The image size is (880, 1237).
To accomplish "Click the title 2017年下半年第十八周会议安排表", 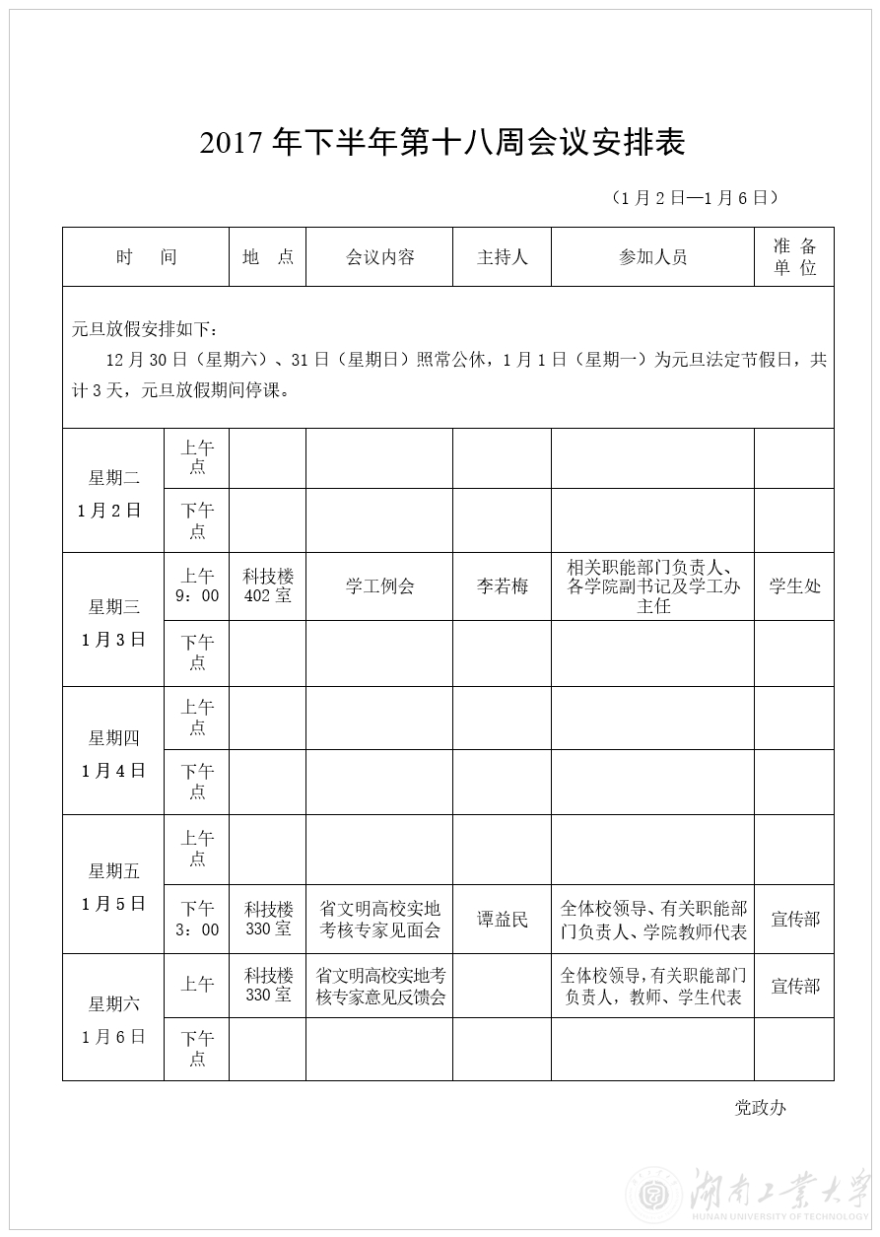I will pyautogui.click(x=442, y=144).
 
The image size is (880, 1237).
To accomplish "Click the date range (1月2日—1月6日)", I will pyautogui.click(x=695, y=198).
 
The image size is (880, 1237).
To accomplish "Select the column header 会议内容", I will pyautogui.click(x=379, y=257).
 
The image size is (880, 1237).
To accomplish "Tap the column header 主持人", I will pyautogui.click(x=502, y=257).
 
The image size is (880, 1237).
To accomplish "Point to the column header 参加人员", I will pyautogui.click(x=652, y=257).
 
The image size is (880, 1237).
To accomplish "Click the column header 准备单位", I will pyautogui.click(x=794, y=257).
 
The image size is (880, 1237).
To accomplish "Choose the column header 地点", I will pyautogui.click(x=268, y=257).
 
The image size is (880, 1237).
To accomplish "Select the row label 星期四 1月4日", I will pyautogui.click(x=113, y=754).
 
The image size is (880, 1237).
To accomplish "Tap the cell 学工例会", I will pyautogui.click(x=379, y=586).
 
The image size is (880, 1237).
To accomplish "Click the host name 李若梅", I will pyautogui.click(x=502, y=586).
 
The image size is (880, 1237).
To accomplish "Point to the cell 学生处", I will pyautogui.click(x=794, y=586).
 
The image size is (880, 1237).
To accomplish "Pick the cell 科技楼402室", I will pyautogui.click(x=268, y=585).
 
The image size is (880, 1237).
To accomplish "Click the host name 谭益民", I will pyautogui.click(x=502, y=920).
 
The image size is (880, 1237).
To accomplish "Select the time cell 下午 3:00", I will pyautogui.click(x=197, y=919).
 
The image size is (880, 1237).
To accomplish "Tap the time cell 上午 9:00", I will pyautogui.click(x=197, y=585).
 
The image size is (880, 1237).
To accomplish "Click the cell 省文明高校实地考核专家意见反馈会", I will pyautogui.click(x=379, y=986).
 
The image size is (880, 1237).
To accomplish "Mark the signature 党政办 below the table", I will pyautogui.click(x=760, y=1107).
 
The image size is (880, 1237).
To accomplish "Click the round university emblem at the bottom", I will pyautogui.click(x=649, y=1196).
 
